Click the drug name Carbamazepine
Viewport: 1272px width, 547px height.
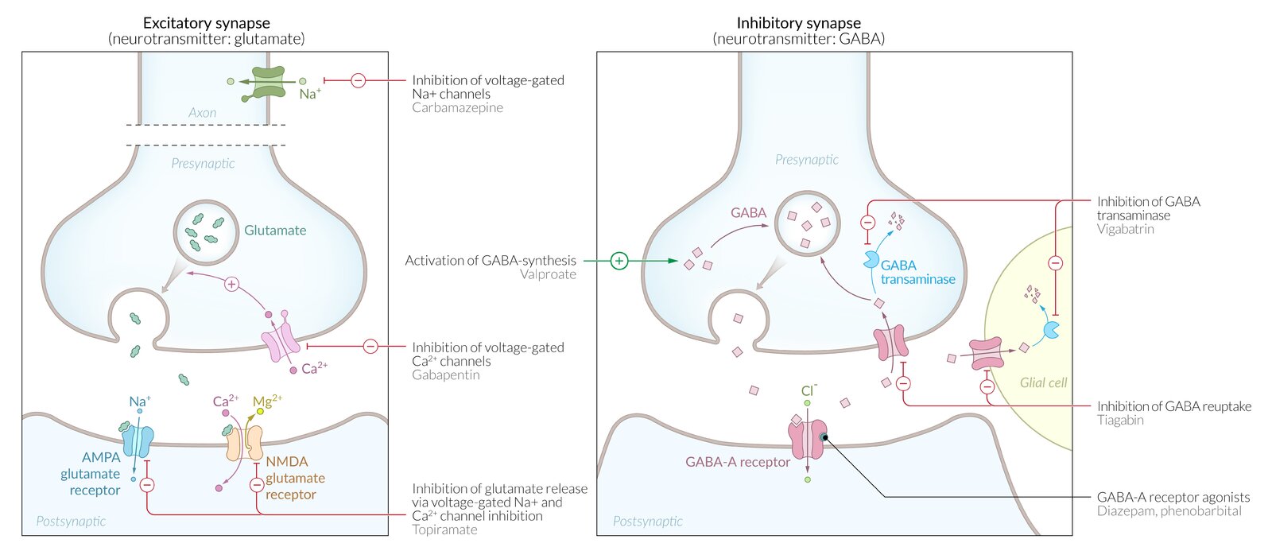point(457,107)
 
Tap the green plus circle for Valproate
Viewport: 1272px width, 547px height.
point(619,260)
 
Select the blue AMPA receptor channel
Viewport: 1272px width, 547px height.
point(138,440)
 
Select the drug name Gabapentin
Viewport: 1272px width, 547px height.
point(445,374)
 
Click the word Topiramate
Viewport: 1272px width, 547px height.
point(444,530)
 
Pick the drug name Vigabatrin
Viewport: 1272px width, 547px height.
point(1125,229)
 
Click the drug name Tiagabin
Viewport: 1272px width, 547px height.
point(1119,420)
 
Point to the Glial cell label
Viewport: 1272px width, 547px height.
point(1043,382)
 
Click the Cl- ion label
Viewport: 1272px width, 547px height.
point(809,390)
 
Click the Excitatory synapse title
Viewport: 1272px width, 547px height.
point(206,23)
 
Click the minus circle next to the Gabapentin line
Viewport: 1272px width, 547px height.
point(370,346)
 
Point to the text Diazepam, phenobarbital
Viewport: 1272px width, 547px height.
point(1169,511)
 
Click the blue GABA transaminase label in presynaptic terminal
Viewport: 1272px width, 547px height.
point(917,272)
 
